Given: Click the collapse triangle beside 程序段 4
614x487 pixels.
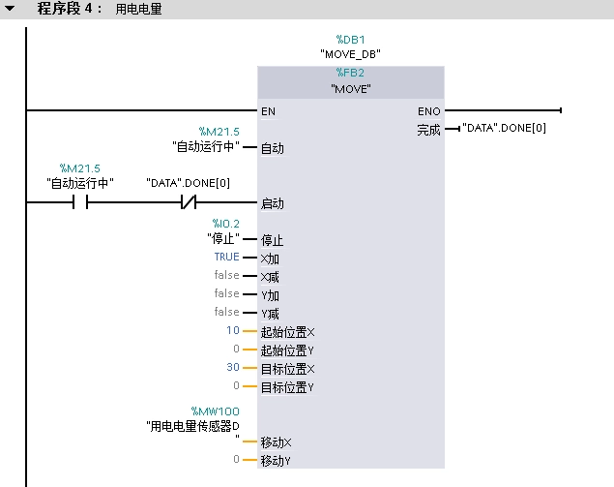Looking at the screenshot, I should pos(11,9).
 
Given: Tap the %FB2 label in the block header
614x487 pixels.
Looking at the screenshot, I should pos(349,73).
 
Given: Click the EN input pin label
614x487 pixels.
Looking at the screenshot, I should pos(268,111).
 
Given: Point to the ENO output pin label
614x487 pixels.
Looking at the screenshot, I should pos(429,111).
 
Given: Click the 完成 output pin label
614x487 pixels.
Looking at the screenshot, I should pos(428,130).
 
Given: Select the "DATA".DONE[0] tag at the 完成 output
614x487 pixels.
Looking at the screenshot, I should pos(506,128).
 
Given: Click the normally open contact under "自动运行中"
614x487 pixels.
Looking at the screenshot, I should pos(79,203).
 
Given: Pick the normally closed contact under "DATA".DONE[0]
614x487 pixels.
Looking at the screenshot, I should pos(188,203).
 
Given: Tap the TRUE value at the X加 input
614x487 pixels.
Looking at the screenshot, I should pos(226,258).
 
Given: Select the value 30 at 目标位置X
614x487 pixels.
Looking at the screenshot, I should pos(232,368).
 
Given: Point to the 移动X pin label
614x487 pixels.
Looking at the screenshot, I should pos(276,441).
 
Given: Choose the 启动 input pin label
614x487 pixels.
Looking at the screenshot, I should pos(272,204).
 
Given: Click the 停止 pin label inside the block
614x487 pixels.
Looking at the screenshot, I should pos(272,240).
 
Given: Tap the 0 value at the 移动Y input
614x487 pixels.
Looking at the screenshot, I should pos(236,460).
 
